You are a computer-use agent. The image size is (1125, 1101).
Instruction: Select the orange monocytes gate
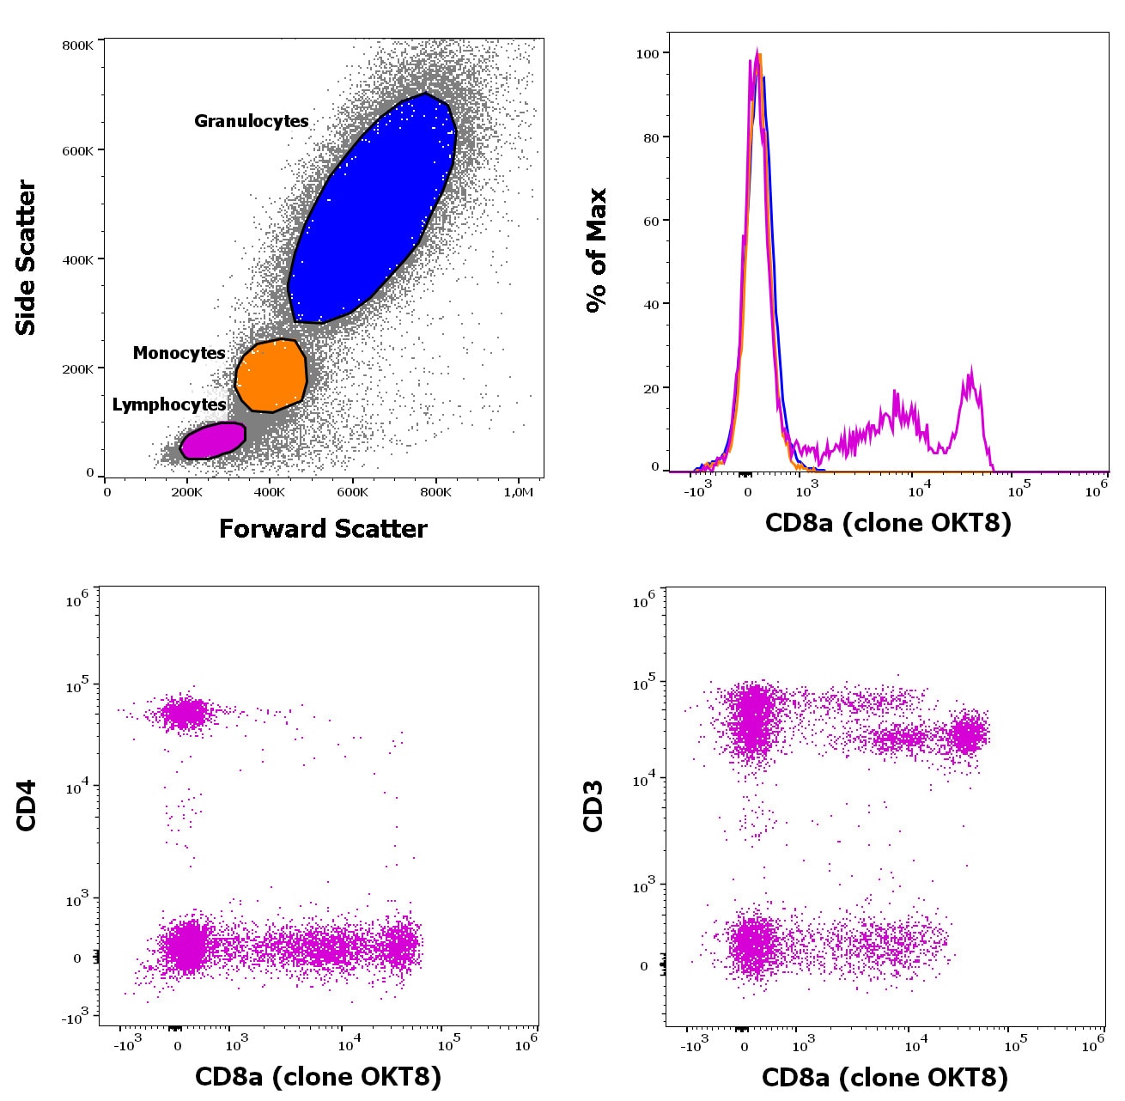[x=271, y=376]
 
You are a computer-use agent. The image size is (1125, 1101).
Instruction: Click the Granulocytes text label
[x=251, y=121]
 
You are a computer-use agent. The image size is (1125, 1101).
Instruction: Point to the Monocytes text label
[x=179, y=353]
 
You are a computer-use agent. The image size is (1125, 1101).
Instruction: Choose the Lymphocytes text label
[x=169, y=405]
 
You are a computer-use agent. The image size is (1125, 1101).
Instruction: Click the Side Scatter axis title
[x=26, y=258]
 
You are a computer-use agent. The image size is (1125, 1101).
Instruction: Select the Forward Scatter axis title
[x=323, y=528]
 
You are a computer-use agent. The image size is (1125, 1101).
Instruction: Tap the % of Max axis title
[x=596, y=251]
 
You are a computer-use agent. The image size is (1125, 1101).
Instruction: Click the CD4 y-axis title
[x=26, y=805]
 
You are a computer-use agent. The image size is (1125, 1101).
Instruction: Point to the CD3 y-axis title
[x=593, y=806]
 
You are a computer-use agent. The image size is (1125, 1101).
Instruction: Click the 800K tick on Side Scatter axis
[x=77, y=45]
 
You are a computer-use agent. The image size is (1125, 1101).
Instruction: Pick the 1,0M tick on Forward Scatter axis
[x=518, y=492]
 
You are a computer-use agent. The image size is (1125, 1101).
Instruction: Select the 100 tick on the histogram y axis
[x=648, y=53]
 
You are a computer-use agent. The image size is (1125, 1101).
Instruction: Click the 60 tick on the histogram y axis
[x=651, y=221]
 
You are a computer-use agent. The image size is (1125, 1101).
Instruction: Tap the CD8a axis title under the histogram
[x=888, y=522]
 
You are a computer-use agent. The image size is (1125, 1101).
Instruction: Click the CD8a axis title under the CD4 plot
[x=318, y=1076]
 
